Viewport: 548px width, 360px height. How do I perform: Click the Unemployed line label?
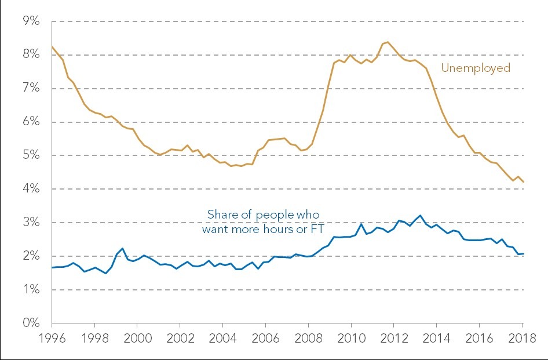coord(476,68)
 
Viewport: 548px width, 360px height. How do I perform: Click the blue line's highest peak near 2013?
coord(420,216)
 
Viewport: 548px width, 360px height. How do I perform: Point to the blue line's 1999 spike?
coord(122,248)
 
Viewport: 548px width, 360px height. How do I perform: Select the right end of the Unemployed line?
coord(524,182)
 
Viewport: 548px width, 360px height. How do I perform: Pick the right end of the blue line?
coord(524,253)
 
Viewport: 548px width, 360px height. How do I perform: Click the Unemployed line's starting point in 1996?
coord(52,46)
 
